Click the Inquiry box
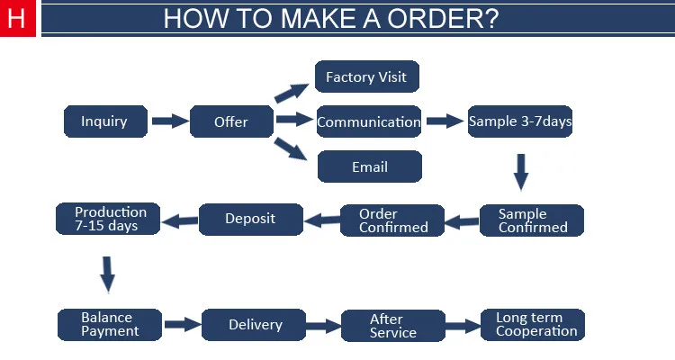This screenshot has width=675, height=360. [105, 121]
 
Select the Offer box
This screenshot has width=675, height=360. [231, 121]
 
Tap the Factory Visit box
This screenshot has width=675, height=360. [367, 76]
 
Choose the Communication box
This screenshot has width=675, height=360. [369, 121]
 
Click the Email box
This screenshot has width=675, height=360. [370, 166]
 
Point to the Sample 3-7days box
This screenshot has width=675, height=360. [520, 121]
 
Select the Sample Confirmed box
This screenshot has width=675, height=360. [532, 220]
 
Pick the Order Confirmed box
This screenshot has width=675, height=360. [392, 220]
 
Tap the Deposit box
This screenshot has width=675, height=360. [251, 220]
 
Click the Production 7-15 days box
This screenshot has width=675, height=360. [108, 219]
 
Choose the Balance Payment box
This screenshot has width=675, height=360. [110, 325]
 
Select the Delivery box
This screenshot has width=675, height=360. [254, 325]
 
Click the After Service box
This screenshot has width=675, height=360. [393, 326]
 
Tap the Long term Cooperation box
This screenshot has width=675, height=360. [533, 325]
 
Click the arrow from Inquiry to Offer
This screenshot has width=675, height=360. [170, 121]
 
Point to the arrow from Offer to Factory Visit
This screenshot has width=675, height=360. [292, 93]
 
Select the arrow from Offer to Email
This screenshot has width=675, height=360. [291, 149]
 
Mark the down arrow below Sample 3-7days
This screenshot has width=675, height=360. [521, 172]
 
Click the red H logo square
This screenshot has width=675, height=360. [18, 18]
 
